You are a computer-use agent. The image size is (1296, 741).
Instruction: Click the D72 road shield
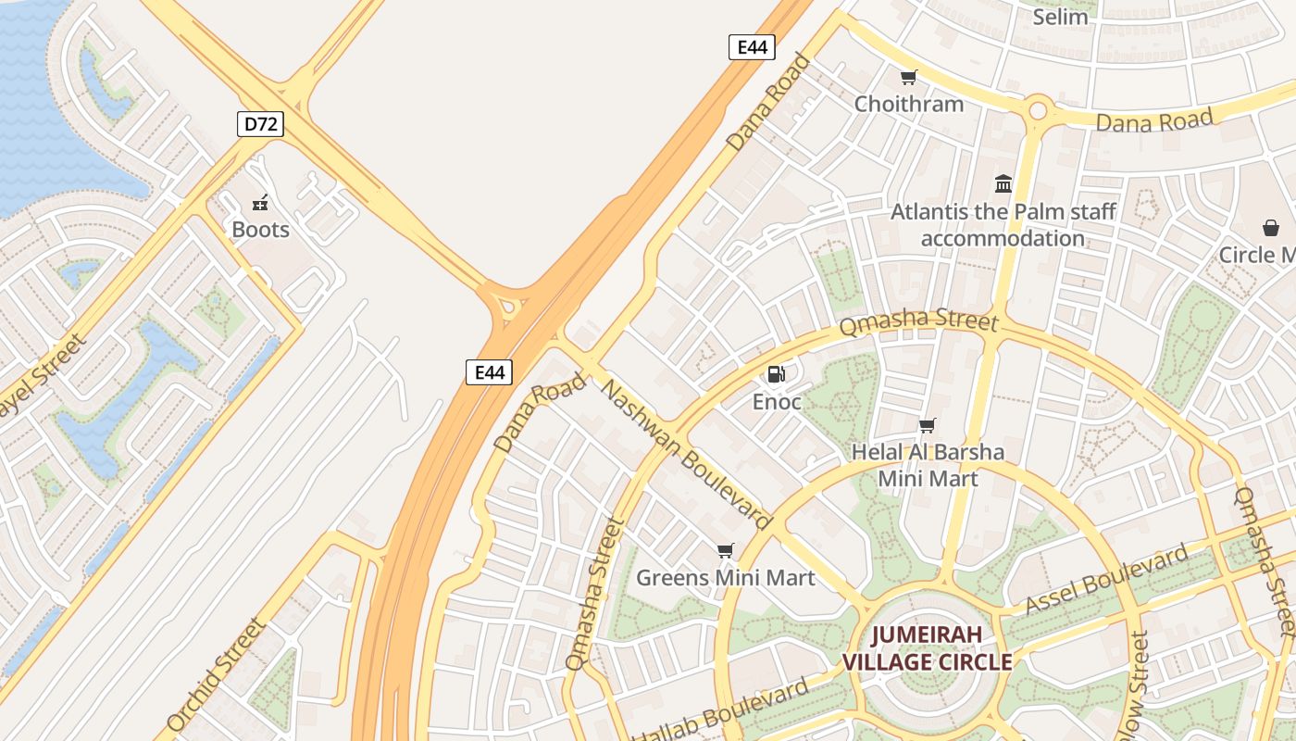tap(259, 124)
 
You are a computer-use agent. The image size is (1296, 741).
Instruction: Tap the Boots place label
tap(260, 230)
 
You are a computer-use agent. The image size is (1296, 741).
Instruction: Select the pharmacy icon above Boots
tap(260, 202)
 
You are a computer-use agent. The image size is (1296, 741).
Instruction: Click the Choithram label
tap(908, 104)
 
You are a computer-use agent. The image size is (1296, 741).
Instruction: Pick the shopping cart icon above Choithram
tap(908, 77)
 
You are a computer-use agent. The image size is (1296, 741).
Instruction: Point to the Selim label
tap(1060, 17)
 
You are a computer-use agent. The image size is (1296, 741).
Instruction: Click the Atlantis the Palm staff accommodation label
tap(1003, 225)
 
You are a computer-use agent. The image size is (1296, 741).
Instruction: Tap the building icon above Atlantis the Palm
tap(1003, 183)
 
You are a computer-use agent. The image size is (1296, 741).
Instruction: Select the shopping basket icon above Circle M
tap(1271, 227)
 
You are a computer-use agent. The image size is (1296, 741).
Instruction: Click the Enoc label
tap(776, 403)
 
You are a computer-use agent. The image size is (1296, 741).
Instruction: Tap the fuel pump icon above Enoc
tap(776, 374)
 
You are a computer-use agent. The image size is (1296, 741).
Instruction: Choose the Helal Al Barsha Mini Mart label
tap(928, 465)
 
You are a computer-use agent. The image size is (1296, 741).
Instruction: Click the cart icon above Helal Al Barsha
tap(927, 425)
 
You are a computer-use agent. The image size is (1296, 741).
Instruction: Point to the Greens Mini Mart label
tap(725, 578)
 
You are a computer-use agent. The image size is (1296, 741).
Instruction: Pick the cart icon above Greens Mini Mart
tap(725, 550)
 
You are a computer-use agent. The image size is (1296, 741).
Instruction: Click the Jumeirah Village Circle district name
tap(927, 649)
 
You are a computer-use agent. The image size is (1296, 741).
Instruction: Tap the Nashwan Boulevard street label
tap(686, 453)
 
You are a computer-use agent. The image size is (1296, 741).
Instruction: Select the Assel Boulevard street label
tap(1106, 581)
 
